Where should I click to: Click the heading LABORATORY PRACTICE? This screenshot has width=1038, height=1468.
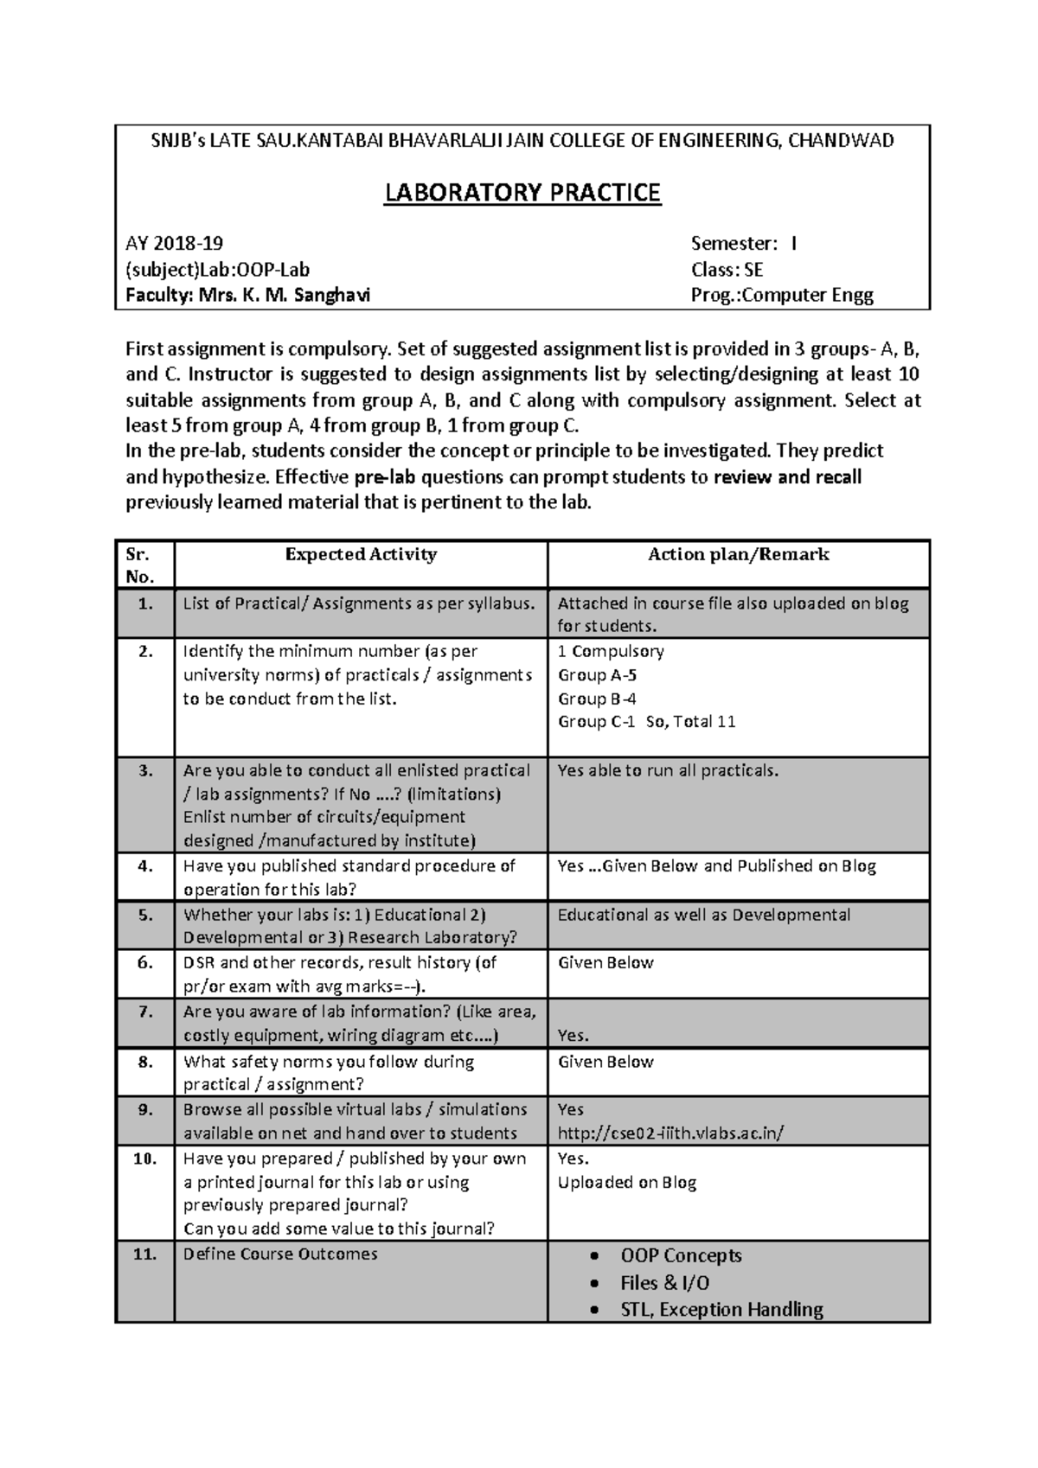[x=522, y=192]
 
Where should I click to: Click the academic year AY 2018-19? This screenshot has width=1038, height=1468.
[x=174, y=244]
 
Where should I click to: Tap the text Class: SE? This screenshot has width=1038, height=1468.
[x=727, y=270]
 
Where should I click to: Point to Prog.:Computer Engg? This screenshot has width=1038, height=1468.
[x=782, y=296]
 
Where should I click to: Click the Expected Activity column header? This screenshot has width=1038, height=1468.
[x=361, y=555]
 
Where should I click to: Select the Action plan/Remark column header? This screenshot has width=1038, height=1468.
[x=738, y=555]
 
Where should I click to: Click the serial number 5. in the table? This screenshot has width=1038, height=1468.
[x=145, y=915]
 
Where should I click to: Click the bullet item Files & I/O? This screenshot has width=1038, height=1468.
[x=664, y=1283]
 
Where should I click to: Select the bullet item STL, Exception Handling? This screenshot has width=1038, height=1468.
[x=721, y=1310]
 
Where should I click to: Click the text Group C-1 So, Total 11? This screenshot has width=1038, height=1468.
[x=646, y=722]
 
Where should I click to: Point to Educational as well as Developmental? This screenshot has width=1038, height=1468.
[x=703, y=915]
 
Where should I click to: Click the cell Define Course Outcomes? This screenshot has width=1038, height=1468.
[x=280, y=1254]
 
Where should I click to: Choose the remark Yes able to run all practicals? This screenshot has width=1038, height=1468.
[x=668, y=770]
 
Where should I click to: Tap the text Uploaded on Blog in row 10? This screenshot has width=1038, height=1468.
[x=627, y=1183]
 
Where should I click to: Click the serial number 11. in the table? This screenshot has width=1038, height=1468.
[x=145, y=1254]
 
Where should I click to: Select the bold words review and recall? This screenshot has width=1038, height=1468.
[x=787, y=477]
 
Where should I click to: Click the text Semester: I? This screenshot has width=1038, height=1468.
[x=744, y=244]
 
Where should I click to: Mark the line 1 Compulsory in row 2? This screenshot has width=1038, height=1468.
[x=611, y=651]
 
